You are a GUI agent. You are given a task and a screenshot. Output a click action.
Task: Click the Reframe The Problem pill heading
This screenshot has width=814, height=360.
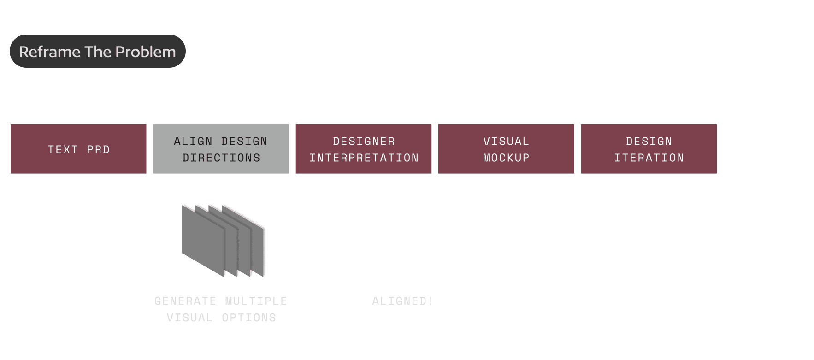click(97, 51)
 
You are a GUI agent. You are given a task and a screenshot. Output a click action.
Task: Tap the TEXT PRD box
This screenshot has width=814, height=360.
click(78, 149)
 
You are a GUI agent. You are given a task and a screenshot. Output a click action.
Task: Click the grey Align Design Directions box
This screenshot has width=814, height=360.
click(221, 149)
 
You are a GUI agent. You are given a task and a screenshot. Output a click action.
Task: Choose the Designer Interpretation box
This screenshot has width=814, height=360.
click(364, 149)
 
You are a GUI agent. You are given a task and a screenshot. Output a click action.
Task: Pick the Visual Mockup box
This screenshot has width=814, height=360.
click(506, 149)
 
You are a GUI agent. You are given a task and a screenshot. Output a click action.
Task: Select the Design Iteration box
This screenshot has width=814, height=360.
click(649, 149)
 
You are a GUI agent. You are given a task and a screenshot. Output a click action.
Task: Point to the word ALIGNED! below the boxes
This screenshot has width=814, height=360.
click(402, 301)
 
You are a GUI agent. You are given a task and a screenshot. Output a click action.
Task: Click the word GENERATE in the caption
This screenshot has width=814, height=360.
click(185, 301)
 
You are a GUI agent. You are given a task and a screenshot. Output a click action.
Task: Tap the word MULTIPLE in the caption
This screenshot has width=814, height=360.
click(256, 301)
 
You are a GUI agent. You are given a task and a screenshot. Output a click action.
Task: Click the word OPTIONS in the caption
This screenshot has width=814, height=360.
click(249, 318)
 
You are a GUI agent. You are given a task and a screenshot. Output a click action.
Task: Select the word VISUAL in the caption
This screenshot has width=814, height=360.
click(189, 318)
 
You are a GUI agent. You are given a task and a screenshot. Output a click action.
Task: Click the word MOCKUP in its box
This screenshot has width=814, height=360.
click(506, 158)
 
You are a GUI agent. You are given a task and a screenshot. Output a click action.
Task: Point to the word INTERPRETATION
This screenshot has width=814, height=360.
click(364, 158)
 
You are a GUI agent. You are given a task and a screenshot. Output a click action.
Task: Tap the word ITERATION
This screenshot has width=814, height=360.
click(649, 158)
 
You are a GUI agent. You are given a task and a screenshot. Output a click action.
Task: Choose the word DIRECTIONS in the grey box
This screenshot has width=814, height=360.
click(221, 158)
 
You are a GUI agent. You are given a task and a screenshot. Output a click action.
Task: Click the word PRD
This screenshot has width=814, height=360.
click(98, 149)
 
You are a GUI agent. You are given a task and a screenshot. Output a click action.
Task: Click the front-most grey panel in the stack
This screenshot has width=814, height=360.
click(203, 240)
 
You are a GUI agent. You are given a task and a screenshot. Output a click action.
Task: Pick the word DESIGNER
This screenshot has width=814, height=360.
click(364, 141)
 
